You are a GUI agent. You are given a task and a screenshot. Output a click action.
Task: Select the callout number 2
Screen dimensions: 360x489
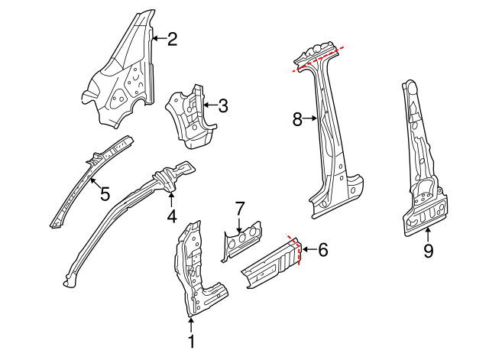[172, 38]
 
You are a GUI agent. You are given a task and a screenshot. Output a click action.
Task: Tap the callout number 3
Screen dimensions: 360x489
[222, 106]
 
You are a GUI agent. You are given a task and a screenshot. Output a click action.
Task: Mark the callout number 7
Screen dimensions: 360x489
[239, 208]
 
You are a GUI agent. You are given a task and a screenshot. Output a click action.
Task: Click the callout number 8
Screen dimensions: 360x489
[297, 118]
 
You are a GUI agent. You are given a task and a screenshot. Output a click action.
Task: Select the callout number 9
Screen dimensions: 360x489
[428, 250]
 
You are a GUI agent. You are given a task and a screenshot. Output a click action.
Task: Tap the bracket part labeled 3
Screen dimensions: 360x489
[189, 115]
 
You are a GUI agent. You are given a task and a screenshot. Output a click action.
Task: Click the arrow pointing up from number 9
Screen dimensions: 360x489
[428, 234]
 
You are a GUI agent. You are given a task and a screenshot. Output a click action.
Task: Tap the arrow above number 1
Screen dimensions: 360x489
[191, 325]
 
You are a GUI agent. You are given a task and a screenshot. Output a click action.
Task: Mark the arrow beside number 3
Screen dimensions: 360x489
[209, 106]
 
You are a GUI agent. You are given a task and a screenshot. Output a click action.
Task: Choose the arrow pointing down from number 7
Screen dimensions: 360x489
[239, 224]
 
